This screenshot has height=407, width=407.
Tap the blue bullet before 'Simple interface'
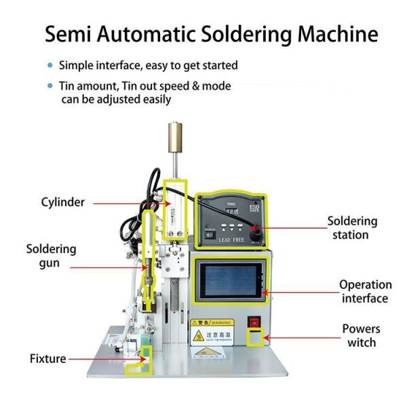50,66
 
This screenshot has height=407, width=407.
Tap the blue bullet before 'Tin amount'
50,86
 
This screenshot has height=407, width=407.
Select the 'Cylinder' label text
62,202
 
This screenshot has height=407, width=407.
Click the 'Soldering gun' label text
51,256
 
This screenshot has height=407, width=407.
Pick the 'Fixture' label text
47,358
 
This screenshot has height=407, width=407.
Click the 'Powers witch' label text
361,336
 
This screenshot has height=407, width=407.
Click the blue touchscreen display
229,282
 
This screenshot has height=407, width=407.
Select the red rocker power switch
255,322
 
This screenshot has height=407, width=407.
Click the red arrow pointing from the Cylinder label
126,202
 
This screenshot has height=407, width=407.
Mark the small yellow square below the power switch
255,338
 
